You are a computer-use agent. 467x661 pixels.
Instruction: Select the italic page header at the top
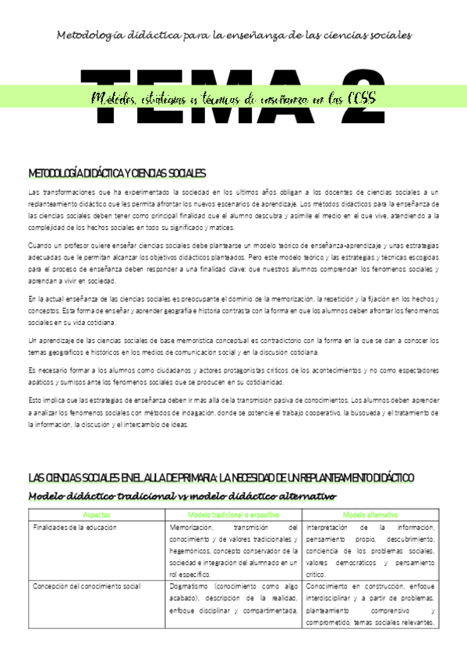pos(234,35)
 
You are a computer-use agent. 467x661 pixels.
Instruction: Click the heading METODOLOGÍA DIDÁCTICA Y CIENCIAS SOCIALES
pos(117,173)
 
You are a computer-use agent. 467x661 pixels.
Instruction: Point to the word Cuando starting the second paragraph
pos(40,246)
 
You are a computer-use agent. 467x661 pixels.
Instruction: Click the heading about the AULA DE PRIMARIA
pos(221,477)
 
